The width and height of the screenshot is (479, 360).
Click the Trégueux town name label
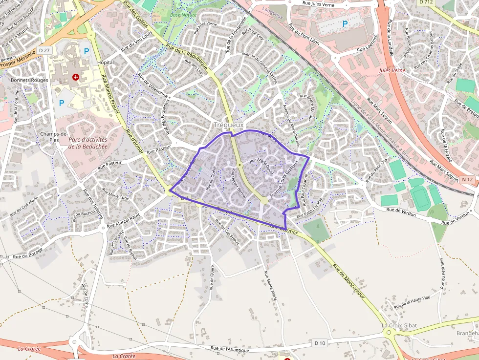pos(229,125)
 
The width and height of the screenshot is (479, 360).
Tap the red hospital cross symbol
pos(75,77)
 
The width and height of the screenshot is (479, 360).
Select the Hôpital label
pos(106,63)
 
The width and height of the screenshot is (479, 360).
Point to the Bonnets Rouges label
pos(29,80)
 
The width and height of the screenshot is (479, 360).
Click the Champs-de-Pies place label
pos(54,137)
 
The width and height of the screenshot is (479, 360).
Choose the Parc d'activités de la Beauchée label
pos(87,143)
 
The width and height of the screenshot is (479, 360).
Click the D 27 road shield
pos(44,50)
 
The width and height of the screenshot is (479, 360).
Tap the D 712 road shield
pos(426,2)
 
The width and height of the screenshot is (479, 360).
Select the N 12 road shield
pos(467,180)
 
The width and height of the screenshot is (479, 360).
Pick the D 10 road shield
pos(320,343)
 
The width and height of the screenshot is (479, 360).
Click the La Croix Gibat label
pos(399,325)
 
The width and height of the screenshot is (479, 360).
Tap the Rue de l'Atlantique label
pos(230,349)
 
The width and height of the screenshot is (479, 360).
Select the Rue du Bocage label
pos(28,254)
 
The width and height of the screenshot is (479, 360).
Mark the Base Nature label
pos(183,15)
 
